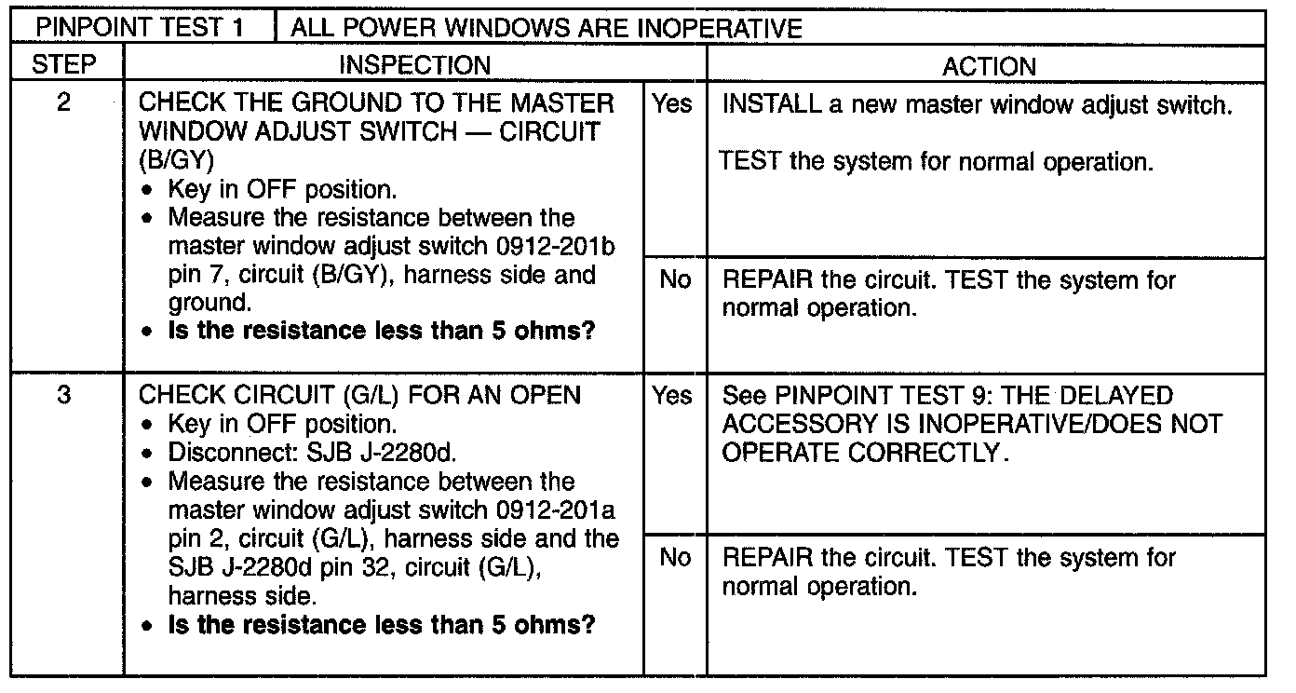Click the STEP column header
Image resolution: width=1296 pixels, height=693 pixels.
[64, 65]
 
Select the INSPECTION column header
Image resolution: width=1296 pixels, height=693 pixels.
[414, 65]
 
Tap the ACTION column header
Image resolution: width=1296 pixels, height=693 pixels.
[988, 65]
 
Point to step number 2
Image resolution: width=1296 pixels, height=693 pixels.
[64, 102]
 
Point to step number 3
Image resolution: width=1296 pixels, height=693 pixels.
[64, 395]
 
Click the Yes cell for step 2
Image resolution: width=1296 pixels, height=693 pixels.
[672, 104]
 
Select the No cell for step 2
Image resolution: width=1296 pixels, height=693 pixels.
[672, 279]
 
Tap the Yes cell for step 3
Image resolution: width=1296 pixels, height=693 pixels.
[672, 396]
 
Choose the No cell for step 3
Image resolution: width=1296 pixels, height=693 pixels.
[672, 557]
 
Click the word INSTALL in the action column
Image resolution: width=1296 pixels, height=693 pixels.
[770, 104]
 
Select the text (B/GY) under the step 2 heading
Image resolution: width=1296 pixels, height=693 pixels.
[177, 160]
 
